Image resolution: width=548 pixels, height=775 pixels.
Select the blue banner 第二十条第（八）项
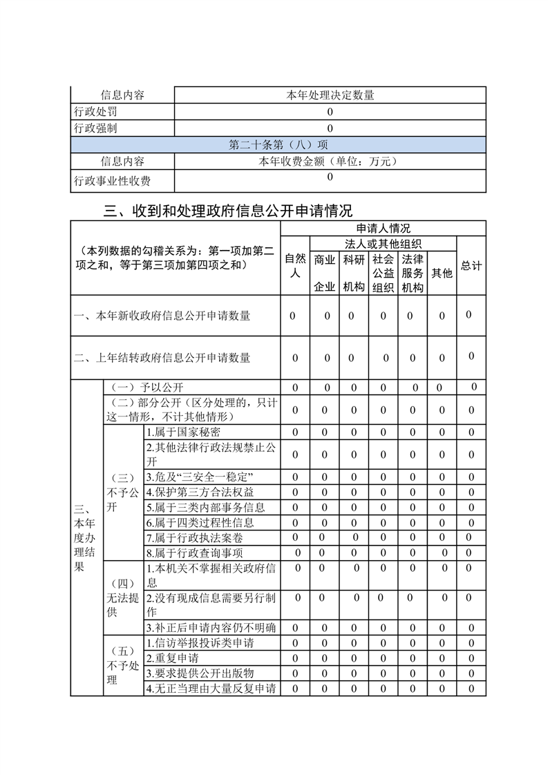[278, 145]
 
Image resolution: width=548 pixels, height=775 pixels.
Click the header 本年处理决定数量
[330, 95]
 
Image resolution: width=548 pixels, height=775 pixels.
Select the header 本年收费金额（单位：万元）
[330, 162]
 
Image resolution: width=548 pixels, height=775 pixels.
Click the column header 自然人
[295, 266]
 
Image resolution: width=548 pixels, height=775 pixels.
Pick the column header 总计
[471, 266]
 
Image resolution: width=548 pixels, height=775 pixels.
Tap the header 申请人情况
[383, 228]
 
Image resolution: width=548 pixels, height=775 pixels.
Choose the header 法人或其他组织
[383, 244]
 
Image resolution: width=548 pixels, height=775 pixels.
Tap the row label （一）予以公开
[148, 387]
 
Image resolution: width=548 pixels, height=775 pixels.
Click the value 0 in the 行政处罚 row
[330, 112]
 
